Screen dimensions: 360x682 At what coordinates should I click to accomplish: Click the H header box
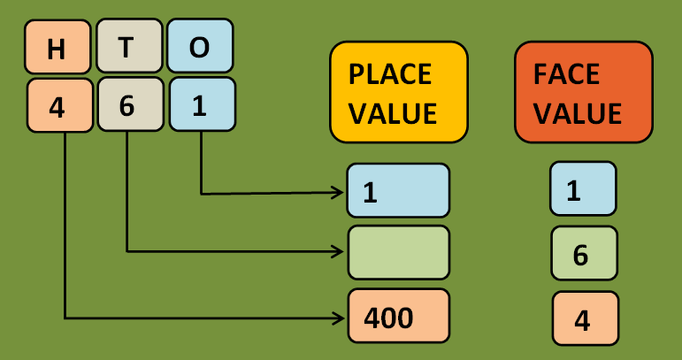click(57, 48)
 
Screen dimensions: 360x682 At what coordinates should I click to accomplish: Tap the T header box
click(127, 47)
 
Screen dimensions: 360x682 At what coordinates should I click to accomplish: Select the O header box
click(200, 48)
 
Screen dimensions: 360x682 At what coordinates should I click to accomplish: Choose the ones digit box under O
click(201, 105)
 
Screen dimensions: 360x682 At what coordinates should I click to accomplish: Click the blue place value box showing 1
click(398, 191)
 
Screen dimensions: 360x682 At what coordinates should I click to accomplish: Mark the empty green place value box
click(398, 252)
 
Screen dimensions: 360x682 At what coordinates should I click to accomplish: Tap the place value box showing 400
click(398, 316)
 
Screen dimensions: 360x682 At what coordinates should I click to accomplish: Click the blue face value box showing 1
click(583, 188)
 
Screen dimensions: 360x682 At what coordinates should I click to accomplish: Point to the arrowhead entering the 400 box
click(339, 316)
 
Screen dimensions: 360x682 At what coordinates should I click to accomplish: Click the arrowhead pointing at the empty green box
click(339, 252)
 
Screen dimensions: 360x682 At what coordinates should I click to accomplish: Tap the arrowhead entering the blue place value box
click(339, 192)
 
